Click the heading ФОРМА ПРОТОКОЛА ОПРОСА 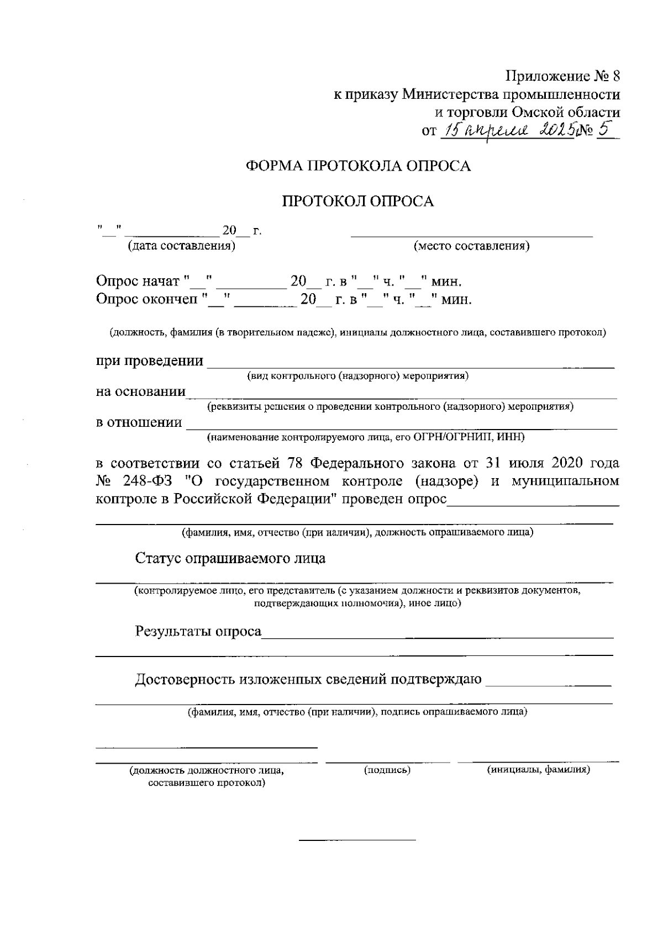(358, 166)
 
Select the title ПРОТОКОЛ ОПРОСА (358, 202)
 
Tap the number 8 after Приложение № (616, 76)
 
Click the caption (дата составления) (181, 246)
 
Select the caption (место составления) (471, 246)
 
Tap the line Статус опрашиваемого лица (230, 558)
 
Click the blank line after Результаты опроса (436, 637)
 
